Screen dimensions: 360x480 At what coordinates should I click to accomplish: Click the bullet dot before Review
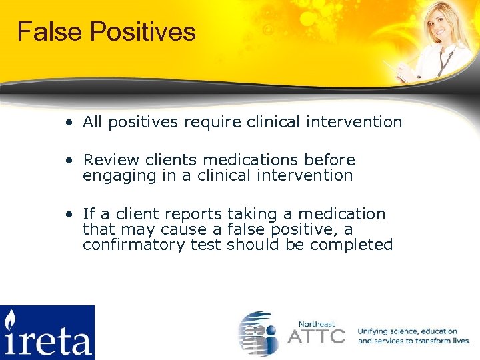[x=69, y=161]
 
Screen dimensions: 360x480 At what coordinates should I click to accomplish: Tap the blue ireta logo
[x=47, y=332]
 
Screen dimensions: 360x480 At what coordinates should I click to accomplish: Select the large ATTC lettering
[x=317, y=335]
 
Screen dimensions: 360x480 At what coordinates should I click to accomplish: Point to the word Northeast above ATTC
[x=317, y=323]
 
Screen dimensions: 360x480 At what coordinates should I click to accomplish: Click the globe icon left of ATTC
[x=259, y=333]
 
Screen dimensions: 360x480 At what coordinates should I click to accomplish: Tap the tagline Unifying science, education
[x=407, y=331]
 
